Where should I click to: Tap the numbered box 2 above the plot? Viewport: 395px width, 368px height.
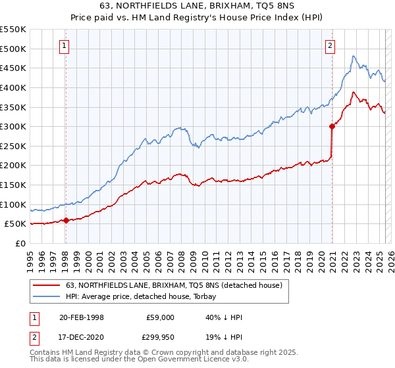329,45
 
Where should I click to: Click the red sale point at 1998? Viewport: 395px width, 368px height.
66,221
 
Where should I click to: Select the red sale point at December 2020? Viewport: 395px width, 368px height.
332,127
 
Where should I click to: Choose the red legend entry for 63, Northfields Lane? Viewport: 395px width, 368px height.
174,285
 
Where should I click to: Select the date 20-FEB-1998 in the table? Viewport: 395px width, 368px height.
82,317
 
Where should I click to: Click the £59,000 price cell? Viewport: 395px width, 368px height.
160,317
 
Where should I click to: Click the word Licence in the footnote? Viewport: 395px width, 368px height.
166,361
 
